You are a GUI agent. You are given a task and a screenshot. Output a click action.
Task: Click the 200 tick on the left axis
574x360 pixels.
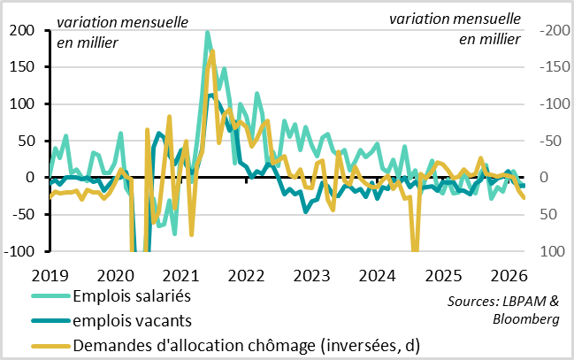23,31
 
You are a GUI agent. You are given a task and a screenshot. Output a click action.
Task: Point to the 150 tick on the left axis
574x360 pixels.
23,67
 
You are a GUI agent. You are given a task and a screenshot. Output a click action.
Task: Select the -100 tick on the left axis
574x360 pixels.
21,251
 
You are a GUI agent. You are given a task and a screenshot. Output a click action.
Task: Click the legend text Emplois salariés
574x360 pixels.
133,296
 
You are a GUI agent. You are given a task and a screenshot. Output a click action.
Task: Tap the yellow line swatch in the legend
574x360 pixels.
49,345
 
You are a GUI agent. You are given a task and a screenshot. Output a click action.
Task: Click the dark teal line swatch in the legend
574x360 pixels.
49,321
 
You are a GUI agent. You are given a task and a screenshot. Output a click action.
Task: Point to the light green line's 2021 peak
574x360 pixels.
207,33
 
